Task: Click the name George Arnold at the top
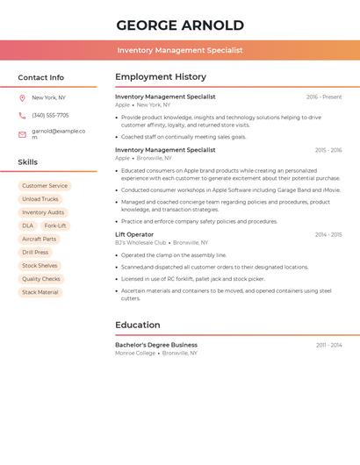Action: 180,25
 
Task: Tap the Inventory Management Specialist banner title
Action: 180,50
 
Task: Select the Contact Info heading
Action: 41,77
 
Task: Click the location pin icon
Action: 22,98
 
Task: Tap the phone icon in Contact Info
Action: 22,116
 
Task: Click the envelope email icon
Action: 22,134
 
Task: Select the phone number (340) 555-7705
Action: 50,116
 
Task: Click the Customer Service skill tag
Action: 45,186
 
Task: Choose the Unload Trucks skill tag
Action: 40,199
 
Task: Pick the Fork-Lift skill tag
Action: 54,225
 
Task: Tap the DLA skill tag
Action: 28,225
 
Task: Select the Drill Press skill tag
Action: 35,253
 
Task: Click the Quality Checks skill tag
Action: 41,279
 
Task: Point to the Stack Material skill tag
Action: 40,292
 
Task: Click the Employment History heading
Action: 161,77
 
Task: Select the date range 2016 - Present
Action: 324,97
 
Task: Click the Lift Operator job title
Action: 134,234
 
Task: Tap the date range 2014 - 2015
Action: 328,235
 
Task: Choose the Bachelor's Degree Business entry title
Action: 156,345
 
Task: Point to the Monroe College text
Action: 135,353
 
